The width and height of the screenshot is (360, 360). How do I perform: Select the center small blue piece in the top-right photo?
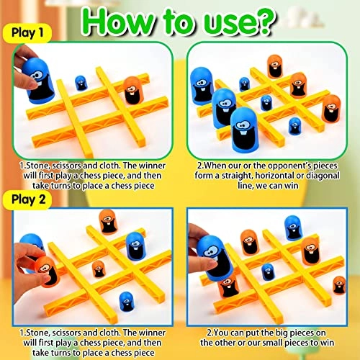point(267,102)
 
